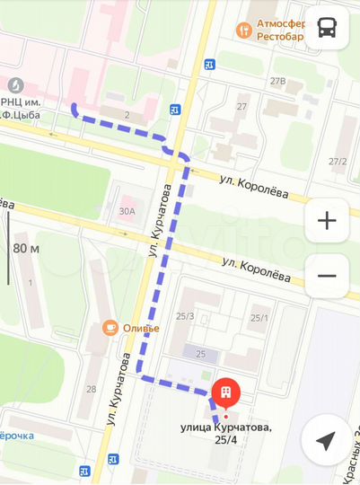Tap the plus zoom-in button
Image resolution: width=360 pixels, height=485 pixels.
tap(327, 219)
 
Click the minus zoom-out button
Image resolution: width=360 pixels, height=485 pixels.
tap(327, 276)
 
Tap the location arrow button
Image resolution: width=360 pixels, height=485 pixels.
tap(327, 440)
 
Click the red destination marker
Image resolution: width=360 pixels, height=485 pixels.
tap(226, 392)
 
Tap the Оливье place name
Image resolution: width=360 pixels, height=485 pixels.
tap(141, 328)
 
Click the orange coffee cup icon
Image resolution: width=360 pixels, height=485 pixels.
tap(110, 328)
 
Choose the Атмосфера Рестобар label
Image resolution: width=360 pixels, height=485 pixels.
tap(281, 30)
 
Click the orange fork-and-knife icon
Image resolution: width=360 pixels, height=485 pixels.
tap(242, 30)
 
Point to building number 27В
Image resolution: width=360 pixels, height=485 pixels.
tap(278, 82)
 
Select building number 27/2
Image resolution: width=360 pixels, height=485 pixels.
tap(338, 162)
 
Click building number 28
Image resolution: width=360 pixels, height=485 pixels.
tap(92, 389)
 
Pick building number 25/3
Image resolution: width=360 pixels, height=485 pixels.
tap(185, 316)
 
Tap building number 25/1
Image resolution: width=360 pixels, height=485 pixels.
tap(259, 317)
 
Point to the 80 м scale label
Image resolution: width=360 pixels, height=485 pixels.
tap(27, 248)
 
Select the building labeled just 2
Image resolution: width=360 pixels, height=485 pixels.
tap(127, 115)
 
